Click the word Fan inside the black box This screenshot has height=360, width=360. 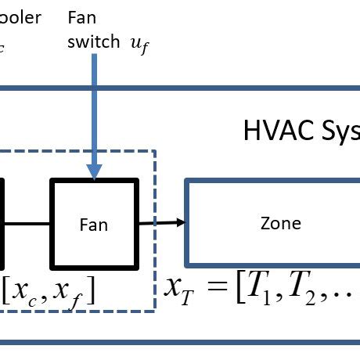94,225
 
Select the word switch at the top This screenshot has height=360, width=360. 93,42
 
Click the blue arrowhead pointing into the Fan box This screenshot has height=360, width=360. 95,170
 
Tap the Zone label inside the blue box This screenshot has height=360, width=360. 280,223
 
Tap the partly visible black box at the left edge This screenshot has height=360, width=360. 2,223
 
